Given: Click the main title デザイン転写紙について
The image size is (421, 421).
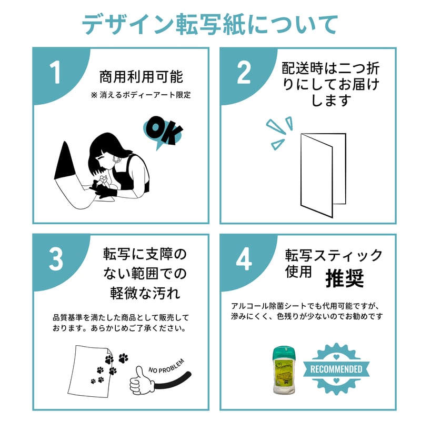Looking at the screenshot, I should (x=210, y=24).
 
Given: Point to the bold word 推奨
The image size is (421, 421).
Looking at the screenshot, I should (x=345, y=279).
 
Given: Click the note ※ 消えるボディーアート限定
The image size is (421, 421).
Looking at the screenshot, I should (x=141, y=95).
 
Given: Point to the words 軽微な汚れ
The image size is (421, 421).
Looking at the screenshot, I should (x=145, y=293).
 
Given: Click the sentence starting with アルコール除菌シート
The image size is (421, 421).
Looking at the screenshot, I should (x=305, y=306).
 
